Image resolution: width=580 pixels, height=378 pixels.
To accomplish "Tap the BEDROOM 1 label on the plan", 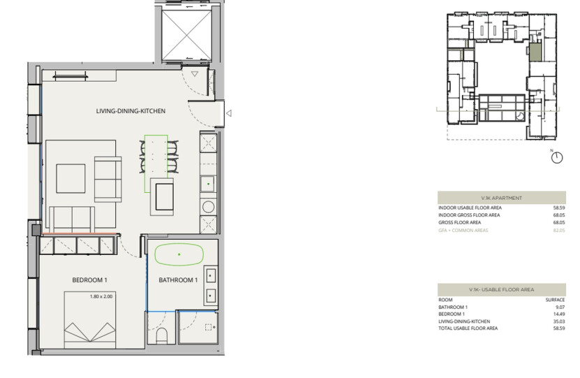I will [x=89, y=281].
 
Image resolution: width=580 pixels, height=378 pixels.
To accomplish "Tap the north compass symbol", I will [x=556, y=158].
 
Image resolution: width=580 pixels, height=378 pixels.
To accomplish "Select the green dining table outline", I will [x=156, y=163].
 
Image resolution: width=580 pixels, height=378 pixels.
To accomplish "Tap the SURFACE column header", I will [x=554, y=299].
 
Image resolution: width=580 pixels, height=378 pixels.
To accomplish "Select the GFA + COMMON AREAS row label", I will [x=463, y=229].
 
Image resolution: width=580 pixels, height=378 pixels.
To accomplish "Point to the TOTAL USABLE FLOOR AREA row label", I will [x=468, y=328].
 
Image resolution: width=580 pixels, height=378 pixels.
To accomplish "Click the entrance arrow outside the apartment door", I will [x=229, y=112].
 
